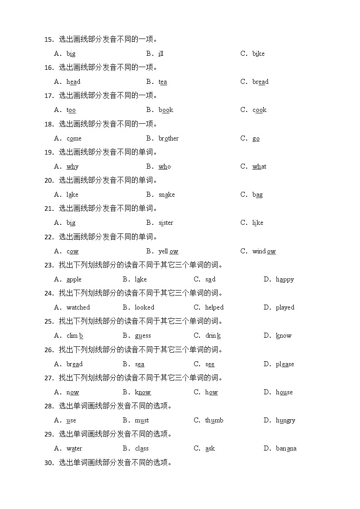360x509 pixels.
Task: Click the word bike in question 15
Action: [258, 53]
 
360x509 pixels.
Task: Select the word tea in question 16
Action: [163, 82]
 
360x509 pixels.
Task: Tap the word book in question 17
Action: [165, 110]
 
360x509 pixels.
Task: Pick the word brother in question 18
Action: [168, 138]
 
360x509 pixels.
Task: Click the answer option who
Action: [165, 167]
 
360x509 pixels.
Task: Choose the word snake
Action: [166, 195]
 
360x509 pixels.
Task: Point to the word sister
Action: [165, 223]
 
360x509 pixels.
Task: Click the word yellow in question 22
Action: [168, 252]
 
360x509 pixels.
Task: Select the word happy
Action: [285, 280]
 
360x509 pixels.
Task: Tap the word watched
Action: [78, 308]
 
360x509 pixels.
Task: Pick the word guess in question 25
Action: [142, 336]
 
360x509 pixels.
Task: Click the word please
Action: [285, 364]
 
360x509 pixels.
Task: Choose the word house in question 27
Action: [284, 393]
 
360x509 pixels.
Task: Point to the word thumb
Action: [214, 421]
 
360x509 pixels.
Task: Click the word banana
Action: [286, 449]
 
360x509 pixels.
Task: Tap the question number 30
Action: [49, 463]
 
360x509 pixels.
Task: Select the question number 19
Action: [49, 152]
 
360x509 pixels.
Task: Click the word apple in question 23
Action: [74, 280]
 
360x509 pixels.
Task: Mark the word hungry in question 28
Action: [285, 421]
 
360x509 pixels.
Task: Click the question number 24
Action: [49, 293]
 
